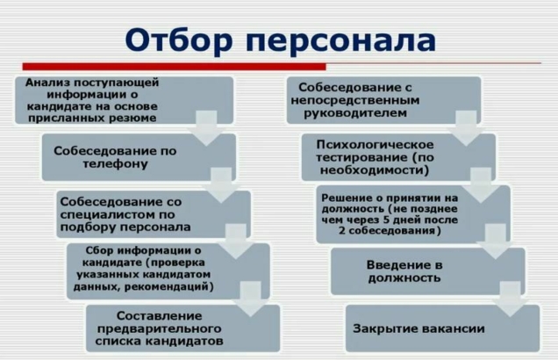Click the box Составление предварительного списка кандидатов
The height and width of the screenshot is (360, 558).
(182, 328)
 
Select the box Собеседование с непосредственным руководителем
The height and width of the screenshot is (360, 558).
(383, 99)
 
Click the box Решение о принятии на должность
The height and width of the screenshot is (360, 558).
(411, 213)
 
